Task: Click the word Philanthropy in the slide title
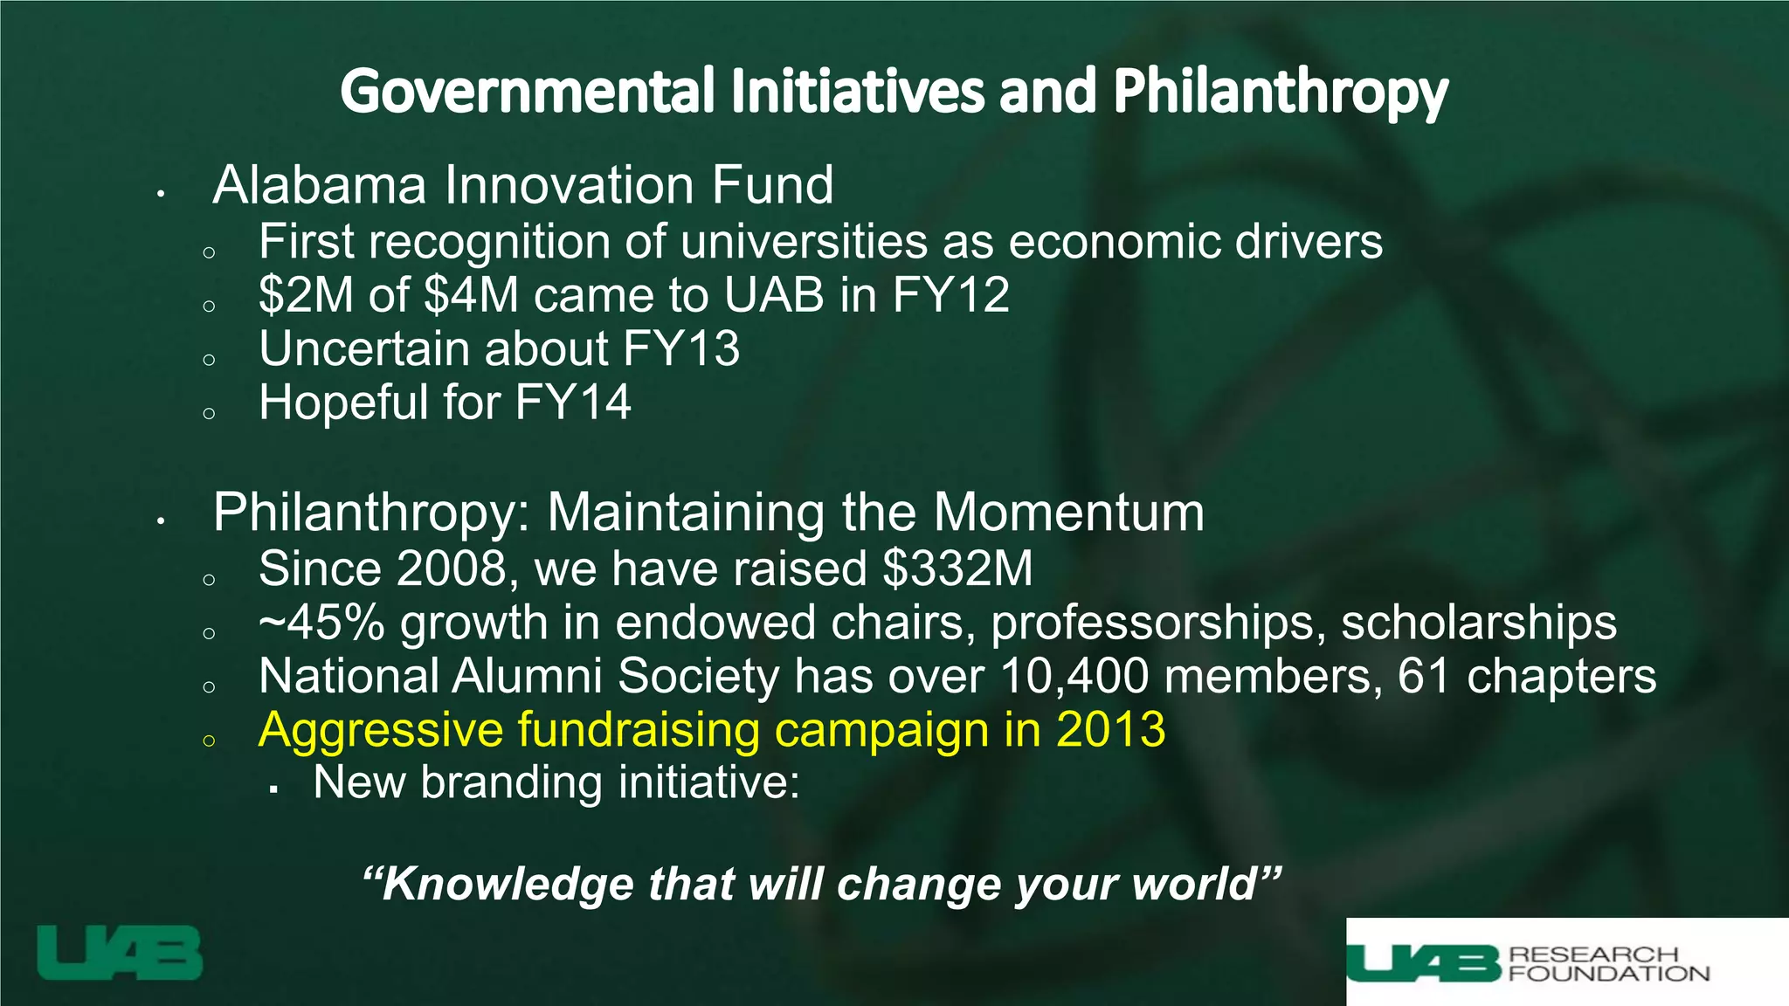1280,93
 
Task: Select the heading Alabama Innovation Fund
522,185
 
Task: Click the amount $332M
957,568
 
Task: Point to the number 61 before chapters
1424,676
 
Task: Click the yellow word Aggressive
381,730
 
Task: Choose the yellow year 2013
1110,729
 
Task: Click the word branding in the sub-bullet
511,782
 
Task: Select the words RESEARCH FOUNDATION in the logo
1608,963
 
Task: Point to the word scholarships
1478,623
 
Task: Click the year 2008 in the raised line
451,568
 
